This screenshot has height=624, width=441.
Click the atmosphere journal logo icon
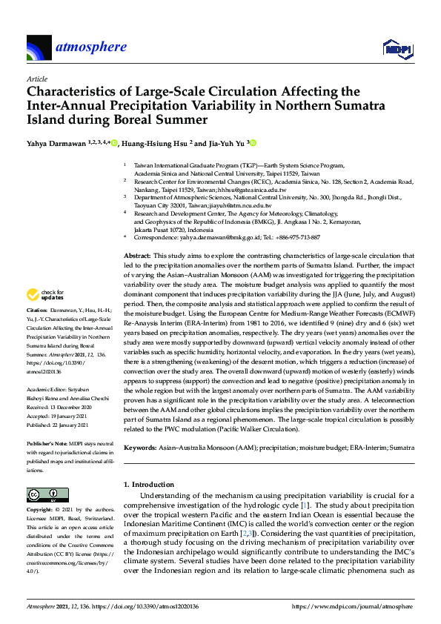click(39, 48)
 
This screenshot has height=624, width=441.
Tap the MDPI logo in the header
click(396, 49)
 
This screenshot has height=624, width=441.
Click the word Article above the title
click(36, 79)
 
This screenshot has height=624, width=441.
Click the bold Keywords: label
click(140, 448)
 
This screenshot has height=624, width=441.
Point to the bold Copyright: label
click(41, 511)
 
